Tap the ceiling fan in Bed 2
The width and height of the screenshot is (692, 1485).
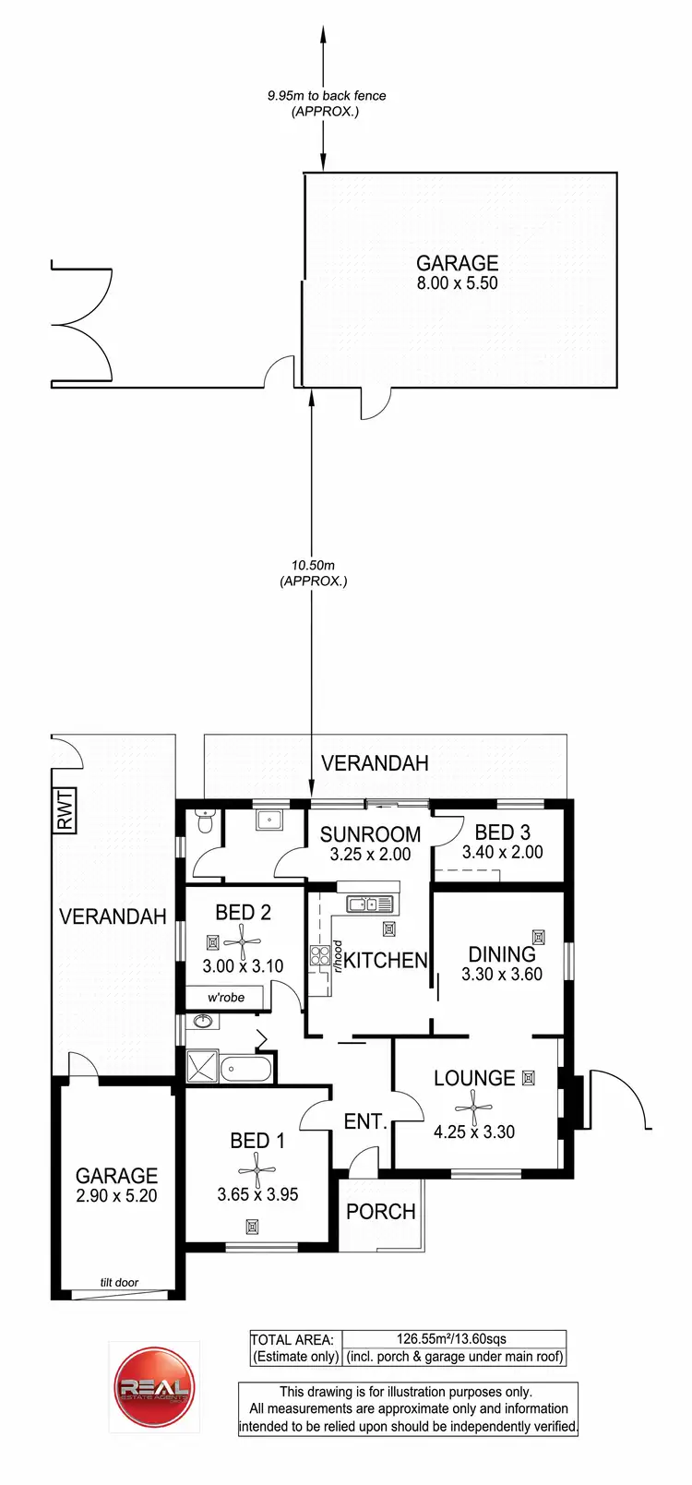click(243, 942)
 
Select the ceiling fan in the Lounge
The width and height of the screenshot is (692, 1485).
click(474, 1104)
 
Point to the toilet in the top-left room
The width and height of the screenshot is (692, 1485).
click(206, 820)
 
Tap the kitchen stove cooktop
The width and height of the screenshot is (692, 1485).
click(320, 955)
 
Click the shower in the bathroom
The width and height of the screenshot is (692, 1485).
click(202, 1067)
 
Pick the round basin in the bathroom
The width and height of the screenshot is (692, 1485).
click(203, 1022)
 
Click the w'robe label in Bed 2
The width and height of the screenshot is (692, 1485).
click(226, 998)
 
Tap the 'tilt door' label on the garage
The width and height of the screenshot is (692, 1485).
click(120, 1282)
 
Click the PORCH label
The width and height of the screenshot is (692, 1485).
click(380, 1211)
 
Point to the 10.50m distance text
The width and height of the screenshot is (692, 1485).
click(313, 564)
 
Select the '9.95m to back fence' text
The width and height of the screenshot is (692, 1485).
click(327, 95)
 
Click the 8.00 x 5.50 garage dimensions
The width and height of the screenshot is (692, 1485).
click(457, 283)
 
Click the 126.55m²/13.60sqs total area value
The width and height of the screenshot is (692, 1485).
click(453, 1339)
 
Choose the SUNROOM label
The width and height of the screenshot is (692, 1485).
click(370, 833)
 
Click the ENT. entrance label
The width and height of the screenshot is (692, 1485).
click(364, 1121)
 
